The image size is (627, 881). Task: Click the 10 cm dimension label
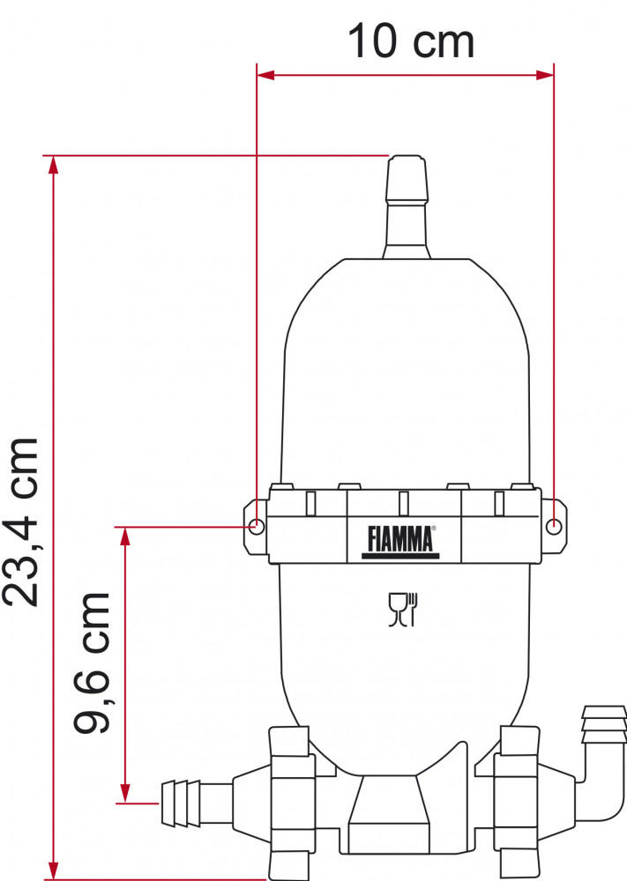[x=411, y=41]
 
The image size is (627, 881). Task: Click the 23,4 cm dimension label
[x=21, y=521]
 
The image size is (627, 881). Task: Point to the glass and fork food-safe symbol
[x=403, y=609]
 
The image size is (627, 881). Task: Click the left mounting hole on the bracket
[x=256, y=527]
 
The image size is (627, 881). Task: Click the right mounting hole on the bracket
[x=553, y=526]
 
